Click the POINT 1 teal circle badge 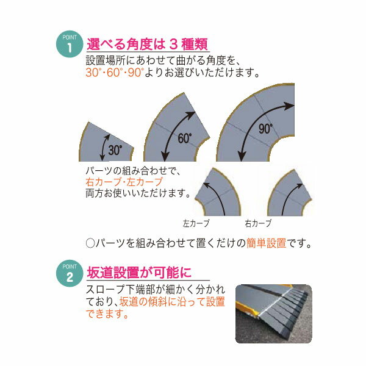[70, 44]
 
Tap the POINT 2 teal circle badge [70, 273]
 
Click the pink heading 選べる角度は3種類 [147, 44]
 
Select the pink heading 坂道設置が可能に [139, 273]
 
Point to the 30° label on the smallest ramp [115, 150]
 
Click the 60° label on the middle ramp [185, 138]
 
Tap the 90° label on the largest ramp [265, 129]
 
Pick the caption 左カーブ [196, 223]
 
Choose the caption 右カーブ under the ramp [258, 223]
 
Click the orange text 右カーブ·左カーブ [124, 182]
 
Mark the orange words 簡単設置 [266, 243]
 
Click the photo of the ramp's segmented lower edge [273, 314]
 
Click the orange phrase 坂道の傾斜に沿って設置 [172, 301]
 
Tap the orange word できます [107, 314]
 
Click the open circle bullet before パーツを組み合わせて [90, 243]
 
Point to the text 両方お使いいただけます [138, 193]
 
